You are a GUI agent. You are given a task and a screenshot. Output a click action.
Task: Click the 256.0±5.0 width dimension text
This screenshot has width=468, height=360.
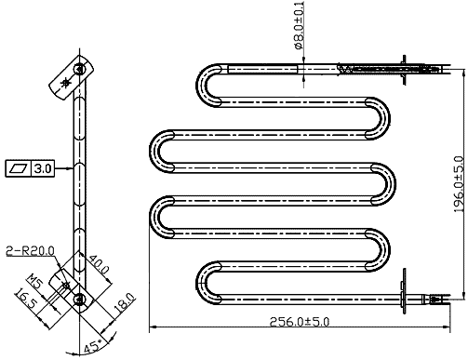point(299,322)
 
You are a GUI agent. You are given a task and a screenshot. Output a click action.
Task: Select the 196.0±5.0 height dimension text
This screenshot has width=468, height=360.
point(460,184)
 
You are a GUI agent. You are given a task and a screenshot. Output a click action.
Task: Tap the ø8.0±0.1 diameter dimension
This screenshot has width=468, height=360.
point(299,25)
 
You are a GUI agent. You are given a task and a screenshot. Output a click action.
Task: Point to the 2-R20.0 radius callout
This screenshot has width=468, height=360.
point(30,251)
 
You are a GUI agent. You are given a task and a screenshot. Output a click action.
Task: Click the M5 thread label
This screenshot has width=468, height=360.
point(34,281)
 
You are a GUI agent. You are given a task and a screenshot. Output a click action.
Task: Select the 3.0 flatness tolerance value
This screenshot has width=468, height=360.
point(43,168)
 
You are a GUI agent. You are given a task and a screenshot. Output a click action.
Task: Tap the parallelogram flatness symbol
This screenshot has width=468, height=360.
point(19,168)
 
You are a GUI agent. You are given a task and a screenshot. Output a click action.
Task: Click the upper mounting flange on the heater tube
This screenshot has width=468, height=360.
point(404,70)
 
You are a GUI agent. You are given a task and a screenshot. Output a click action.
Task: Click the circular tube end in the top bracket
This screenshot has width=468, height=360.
point(79,69)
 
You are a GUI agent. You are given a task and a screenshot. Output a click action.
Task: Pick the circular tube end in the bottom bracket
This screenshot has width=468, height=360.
point(79,300)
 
